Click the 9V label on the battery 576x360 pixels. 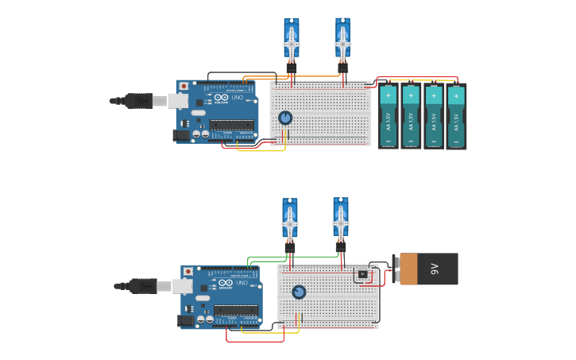click(435, 269)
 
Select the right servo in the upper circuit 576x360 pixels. click(342, 40)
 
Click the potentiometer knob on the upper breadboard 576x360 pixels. click(285, 118)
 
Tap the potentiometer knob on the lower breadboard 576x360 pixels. click(298, 292)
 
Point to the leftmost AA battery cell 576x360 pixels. click(388, 116)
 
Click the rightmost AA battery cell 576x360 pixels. click(456, 116)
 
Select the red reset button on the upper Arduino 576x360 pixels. click(184, 86)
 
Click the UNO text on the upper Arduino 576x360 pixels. click(237, 99)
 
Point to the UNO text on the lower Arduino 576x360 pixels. click(242, 284)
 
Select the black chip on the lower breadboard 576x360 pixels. click(362, 274)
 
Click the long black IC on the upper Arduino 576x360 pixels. click(232, 124)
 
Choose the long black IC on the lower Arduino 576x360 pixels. click(236, 309)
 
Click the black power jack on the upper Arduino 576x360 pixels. click(182, 135)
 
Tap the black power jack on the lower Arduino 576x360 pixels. click(187, 320)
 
